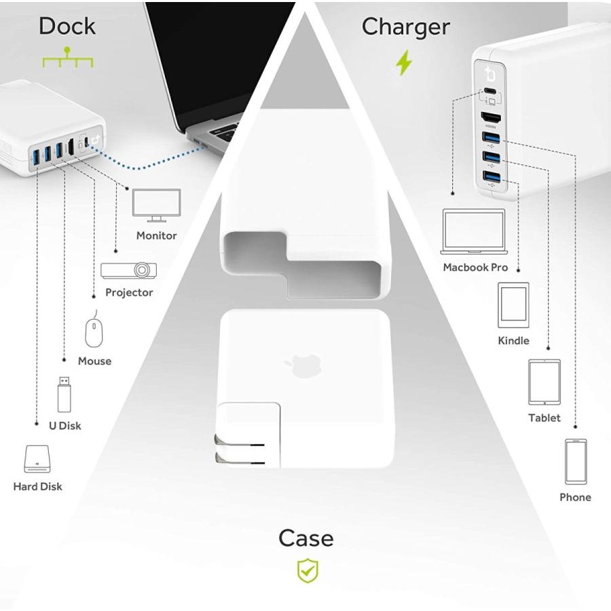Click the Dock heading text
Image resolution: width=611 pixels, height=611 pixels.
point(67,26)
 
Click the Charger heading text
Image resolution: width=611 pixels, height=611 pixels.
point(405,26)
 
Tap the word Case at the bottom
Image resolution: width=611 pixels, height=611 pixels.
point(305,538)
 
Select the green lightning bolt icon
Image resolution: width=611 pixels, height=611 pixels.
point(404,63)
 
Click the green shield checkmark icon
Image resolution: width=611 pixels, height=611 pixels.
point(308,571)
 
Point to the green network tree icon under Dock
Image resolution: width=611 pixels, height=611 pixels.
point(67,58)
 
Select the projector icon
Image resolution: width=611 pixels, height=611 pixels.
point(129,270)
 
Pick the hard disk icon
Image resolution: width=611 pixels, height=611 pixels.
point(38,459)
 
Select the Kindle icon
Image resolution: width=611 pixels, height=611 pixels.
point(513,305)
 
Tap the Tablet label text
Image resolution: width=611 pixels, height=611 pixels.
point(544,418)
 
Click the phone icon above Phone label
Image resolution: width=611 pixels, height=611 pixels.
point(576,462)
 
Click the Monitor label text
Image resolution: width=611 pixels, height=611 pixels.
point(156,236)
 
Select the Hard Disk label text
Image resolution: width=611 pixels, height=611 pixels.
point(38,486)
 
